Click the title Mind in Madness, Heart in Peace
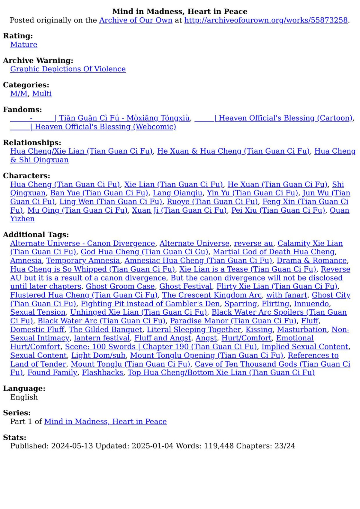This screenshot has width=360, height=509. tap(180, 11)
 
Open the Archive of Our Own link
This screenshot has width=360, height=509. tap(136, 20)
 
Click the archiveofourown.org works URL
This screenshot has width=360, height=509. tap(266, 20)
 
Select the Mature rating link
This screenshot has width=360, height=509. tap(24, 45)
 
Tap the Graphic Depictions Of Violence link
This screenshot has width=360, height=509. tap(68, 69)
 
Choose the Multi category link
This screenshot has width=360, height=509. tap(42, 94)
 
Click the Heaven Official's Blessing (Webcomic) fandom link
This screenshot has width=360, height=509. tap(93, 127)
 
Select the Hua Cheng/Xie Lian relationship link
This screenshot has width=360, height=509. tap(81, 151)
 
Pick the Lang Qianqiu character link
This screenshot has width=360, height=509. tap(177, 193)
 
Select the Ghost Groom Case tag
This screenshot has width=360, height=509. tap(120, 286)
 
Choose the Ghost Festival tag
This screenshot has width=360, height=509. tap(185, 286)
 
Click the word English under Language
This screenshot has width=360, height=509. tap(24, 397)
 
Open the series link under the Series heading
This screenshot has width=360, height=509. tap(105, 421)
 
